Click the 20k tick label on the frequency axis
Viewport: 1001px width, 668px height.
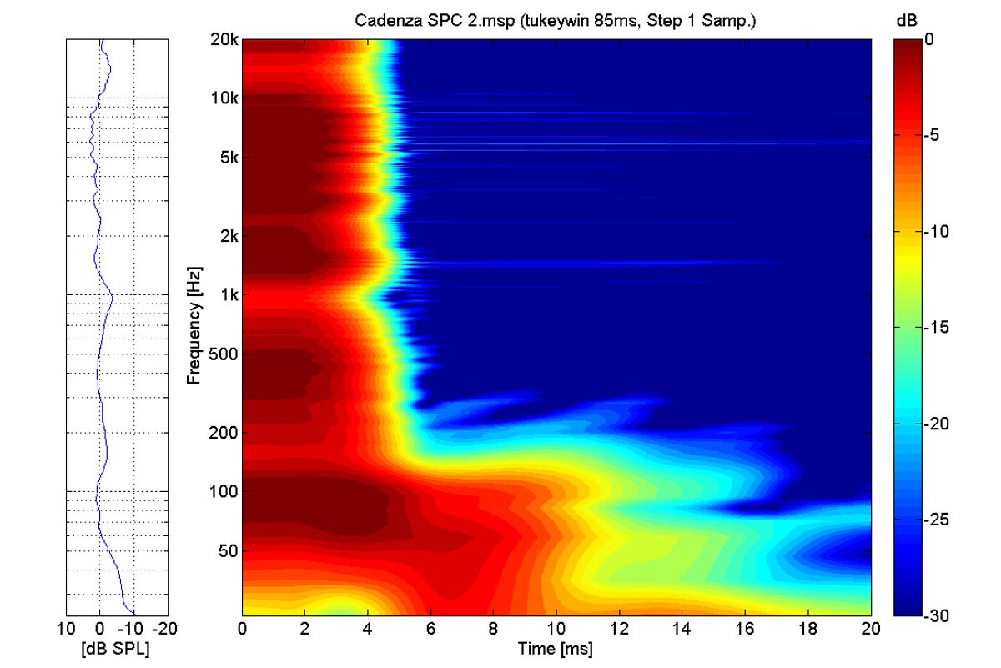(224, 39)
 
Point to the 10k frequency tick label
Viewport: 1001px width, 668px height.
(224, 98)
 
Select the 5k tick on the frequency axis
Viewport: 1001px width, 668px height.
(228, 158)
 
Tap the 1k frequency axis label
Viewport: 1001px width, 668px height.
(228, 295)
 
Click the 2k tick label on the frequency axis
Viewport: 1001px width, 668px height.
(228, 236)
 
